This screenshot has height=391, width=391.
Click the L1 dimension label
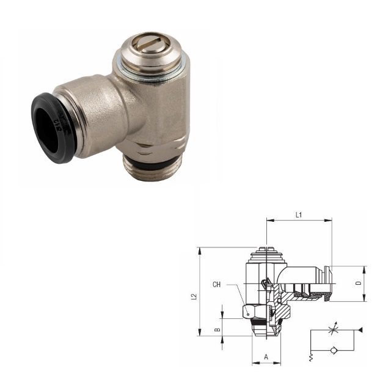[x=299, y=214]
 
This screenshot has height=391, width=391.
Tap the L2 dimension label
[x=194, y=297]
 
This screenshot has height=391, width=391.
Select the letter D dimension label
[x=358, y=283]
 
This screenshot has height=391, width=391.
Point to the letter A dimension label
[x=266, y=357]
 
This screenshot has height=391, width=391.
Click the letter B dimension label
[x=217, y=329]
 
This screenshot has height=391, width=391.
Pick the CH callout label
[x=216, y=285]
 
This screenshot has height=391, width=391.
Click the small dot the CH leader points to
[x=248, y=315]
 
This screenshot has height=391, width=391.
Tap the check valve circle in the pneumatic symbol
[x=333, y=350]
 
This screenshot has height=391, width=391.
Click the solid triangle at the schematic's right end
[x=360, y=330]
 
